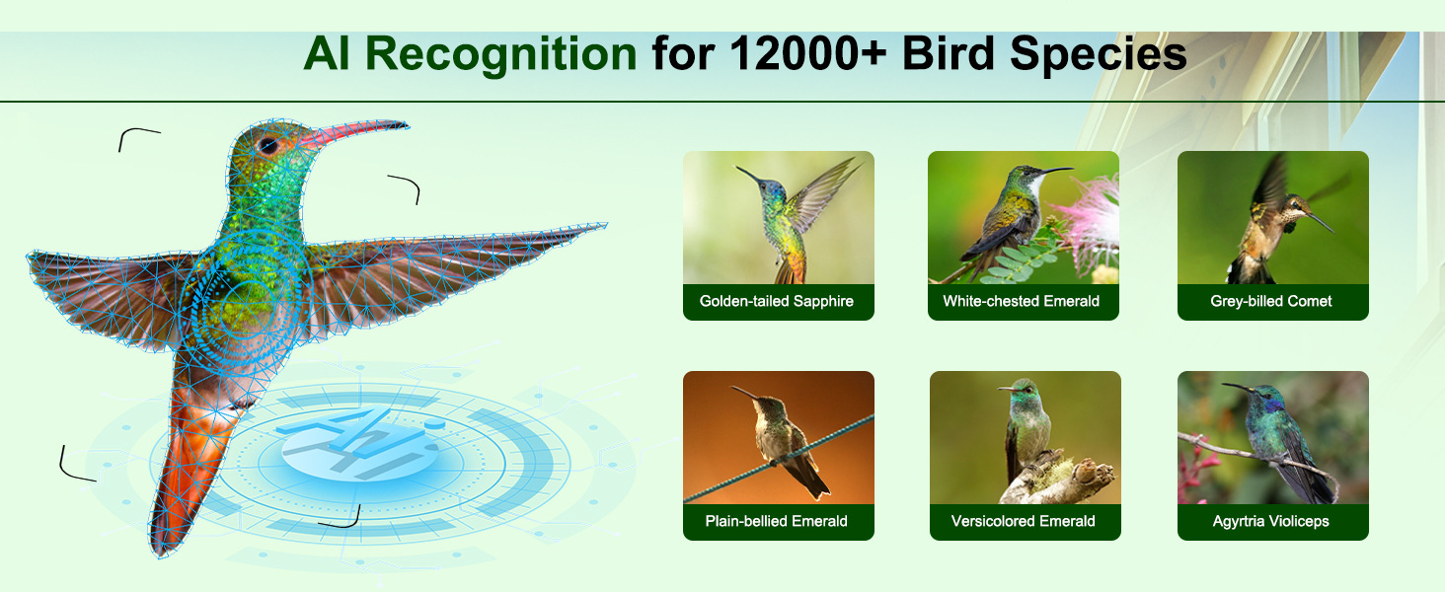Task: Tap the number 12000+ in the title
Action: pos(809,53)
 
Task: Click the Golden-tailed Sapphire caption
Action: pos(777,301)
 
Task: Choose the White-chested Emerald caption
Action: pos(1022,301)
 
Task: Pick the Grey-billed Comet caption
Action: pos(1271,301)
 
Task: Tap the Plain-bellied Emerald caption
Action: pos(776,521)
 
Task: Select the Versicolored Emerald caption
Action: pos(1024,521)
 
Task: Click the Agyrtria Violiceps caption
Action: pos(1271,521)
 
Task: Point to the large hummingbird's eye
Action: pos(268,146)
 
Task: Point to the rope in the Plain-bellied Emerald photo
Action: pos(779,459)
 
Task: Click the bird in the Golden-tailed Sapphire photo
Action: pos(794,219)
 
